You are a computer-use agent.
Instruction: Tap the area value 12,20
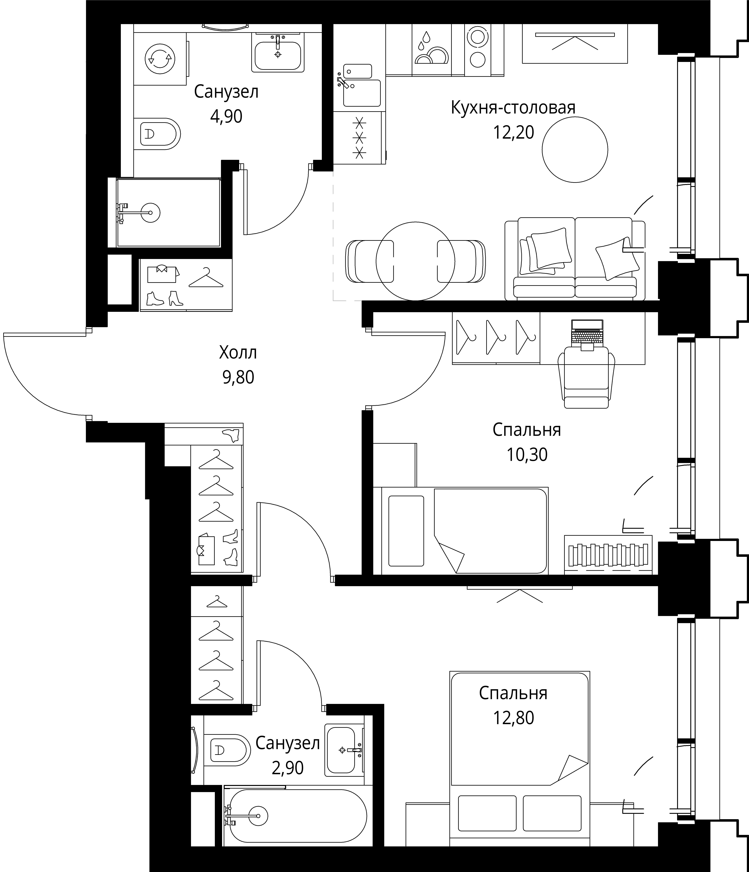pos(513,133)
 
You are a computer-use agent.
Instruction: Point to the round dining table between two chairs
pos(415,261)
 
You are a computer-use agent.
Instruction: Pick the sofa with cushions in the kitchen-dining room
pos(575,259)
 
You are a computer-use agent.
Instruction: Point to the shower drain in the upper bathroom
pos(150,213)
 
